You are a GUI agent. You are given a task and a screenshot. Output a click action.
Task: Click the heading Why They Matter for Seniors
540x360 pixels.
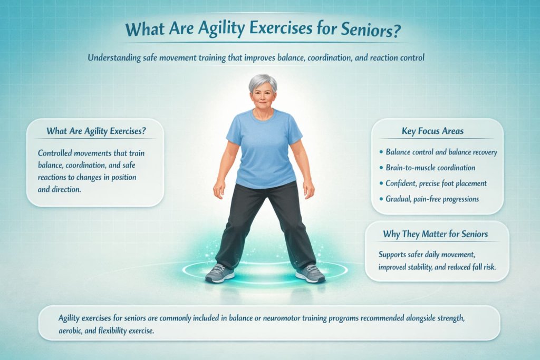[x=435, y=234]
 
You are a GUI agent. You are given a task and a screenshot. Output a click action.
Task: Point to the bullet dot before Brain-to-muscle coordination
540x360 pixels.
[x=381, y=168]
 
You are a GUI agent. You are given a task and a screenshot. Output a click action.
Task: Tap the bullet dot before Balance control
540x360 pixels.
[x=381, y=152]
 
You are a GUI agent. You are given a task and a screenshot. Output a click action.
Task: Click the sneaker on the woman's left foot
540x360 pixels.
[x=311, y=273]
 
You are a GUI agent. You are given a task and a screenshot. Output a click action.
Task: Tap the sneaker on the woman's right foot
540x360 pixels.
[x=219, y=273]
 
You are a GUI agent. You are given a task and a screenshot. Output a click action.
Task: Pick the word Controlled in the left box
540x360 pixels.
[x=56, y=153]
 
